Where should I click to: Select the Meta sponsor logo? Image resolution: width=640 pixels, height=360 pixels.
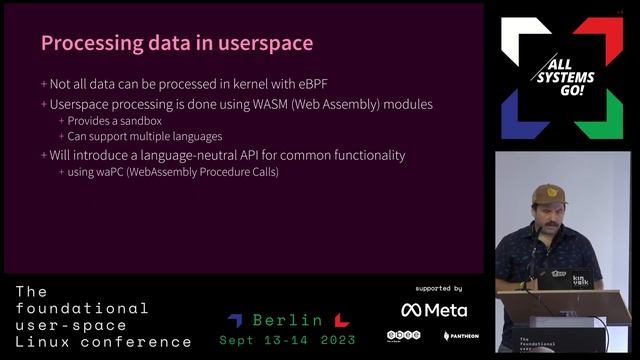click(x=434, y=310)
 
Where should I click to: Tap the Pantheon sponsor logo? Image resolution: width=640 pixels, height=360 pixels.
click(x=461, y=336)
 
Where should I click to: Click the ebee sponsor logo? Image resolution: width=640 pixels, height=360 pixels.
click(x=403, y=336)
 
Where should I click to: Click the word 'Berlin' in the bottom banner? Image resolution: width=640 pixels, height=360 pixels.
click(x=288, y=321)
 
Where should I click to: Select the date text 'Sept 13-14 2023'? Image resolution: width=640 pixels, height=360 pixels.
click(x=287, y=340)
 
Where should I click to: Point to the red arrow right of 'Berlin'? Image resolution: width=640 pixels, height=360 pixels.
click(x=341, y=320)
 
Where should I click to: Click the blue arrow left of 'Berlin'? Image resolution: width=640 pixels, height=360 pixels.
click(x=235, y=320)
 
